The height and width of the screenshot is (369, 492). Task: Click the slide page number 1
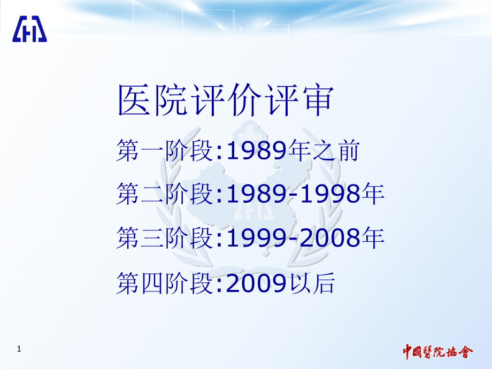19,350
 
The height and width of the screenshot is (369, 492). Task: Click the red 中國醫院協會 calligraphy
438,352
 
